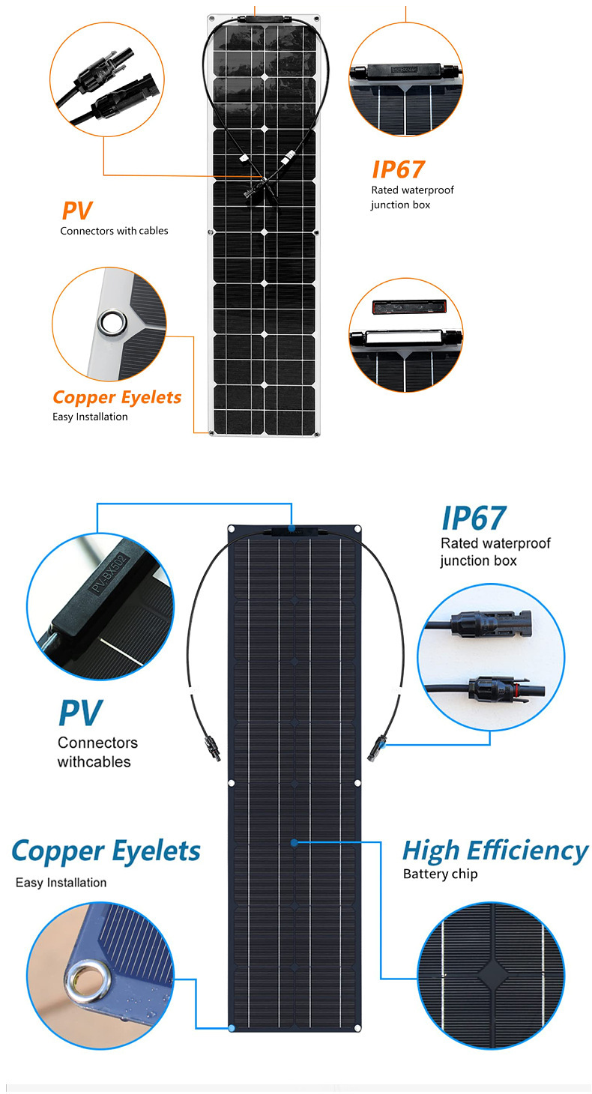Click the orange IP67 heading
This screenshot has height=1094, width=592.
tap(398, 169)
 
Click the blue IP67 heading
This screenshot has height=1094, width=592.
tap(473, 519)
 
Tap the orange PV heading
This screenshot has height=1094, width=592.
tap(76, 210)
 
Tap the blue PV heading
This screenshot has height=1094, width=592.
tap(79, 713)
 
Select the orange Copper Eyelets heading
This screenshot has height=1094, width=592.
tap(117, 397)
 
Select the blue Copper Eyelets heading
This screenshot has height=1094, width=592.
tap(106, 850)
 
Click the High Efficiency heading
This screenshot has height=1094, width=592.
tap(495, 850)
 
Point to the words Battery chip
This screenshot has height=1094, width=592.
tap(440, 874)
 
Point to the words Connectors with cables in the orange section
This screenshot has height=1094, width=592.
tap(114, 231)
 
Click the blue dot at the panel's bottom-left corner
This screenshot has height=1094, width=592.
tap(232, 1028)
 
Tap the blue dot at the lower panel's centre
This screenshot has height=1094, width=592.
tap(295, 842)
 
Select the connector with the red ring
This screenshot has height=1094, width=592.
tap(495, 686)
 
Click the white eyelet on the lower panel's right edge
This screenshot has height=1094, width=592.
tap(357, 783)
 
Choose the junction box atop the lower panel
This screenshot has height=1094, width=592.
tap(294, 531)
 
